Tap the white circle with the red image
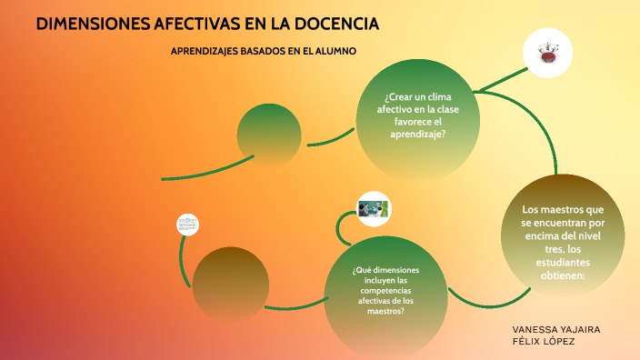click(547, 52)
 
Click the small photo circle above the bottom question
click(373, 209)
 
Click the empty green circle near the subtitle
click(269, 135)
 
